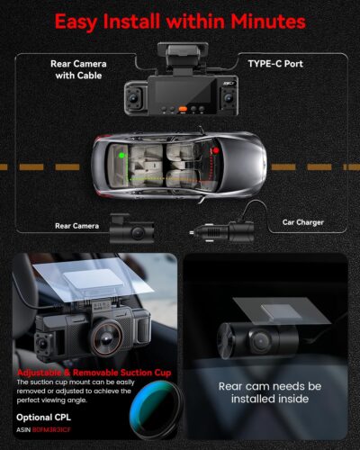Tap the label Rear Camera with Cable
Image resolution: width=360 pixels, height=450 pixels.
click(x=80, y=70)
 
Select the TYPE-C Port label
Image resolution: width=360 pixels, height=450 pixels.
click(x=279, y=65)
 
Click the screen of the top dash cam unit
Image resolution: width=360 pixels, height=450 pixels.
click(x=181, y=91)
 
